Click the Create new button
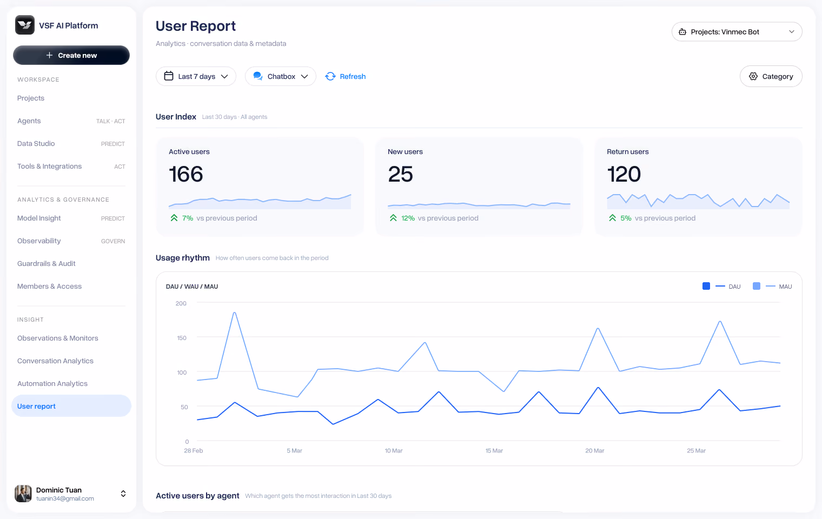(x=71, y=55)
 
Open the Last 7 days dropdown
(x=196, y=76)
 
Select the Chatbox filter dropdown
(x=280, y=76)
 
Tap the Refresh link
(x=346, y=76)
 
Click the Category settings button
(x=771, y=76)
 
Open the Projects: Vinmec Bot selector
(x=737, y=32)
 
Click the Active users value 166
(x=185, y=174)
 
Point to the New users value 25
(x=400, y=174)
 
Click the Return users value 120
(x=624, y=174)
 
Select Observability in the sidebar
(x=39, y=241)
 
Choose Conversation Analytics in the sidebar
(x=55, y=361)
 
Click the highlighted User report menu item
(x=71, y=406)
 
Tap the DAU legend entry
(x=721, y=287)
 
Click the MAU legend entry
(x=772, y=287)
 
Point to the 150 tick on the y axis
(x=182, y=338)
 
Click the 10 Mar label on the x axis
(x=393, y=451)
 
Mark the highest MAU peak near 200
(x=235, y=312)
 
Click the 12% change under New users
(x=408, y=218)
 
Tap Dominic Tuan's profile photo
(x=23, y=494)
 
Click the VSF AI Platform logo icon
(x=25, y=25)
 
